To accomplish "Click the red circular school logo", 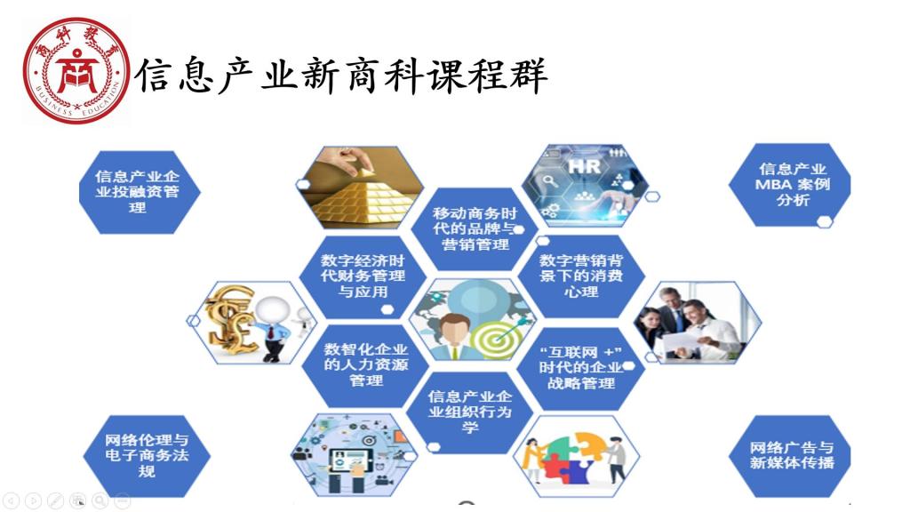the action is [76, 70].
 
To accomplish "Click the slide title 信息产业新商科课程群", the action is [342, 76].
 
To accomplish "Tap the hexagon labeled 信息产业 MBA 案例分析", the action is [790, 185].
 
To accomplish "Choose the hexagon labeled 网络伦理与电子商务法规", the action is [147, 456].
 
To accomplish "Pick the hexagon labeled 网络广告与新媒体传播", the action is [790, 456].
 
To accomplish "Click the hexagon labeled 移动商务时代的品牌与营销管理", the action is [475, 228].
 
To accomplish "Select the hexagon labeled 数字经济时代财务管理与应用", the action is [363, 276].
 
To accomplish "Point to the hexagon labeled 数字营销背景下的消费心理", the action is [581, 276].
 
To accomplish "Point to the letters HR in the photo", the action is [584, 167].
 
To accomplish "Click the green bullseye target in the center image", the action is [495, 339].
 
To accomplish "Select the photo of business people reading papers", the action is [698, 323].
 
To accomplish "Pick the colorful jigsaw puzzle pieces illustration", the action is [576, 456].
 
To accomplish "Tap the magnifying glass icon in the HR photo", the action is [549, 181].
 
